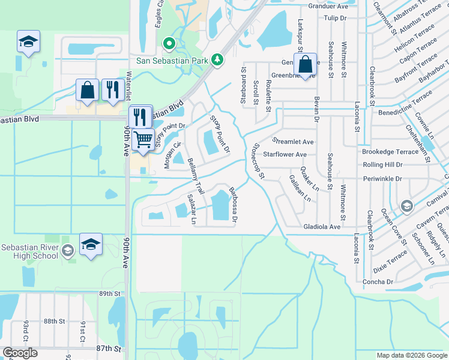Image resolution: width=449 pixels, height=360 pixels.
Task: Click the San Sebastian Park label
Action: click(172, 60)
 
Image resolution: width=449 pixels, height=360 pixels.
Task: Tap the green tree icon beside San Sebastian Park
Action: click(217, 59)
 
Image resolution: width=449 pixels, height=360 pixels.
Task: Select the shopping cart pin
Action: click(143, 139)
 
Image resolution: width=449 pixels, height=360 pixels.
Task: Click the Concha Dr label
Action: click(378, 281)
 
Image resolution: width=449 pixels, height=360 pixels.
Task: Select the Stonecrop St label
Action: click(259, 161)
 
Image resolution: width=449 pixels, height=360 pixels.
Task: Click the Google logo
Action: click(20, 353)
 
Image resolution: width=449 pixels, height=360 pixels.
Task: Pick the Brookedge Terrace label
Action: click(391, 152)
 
